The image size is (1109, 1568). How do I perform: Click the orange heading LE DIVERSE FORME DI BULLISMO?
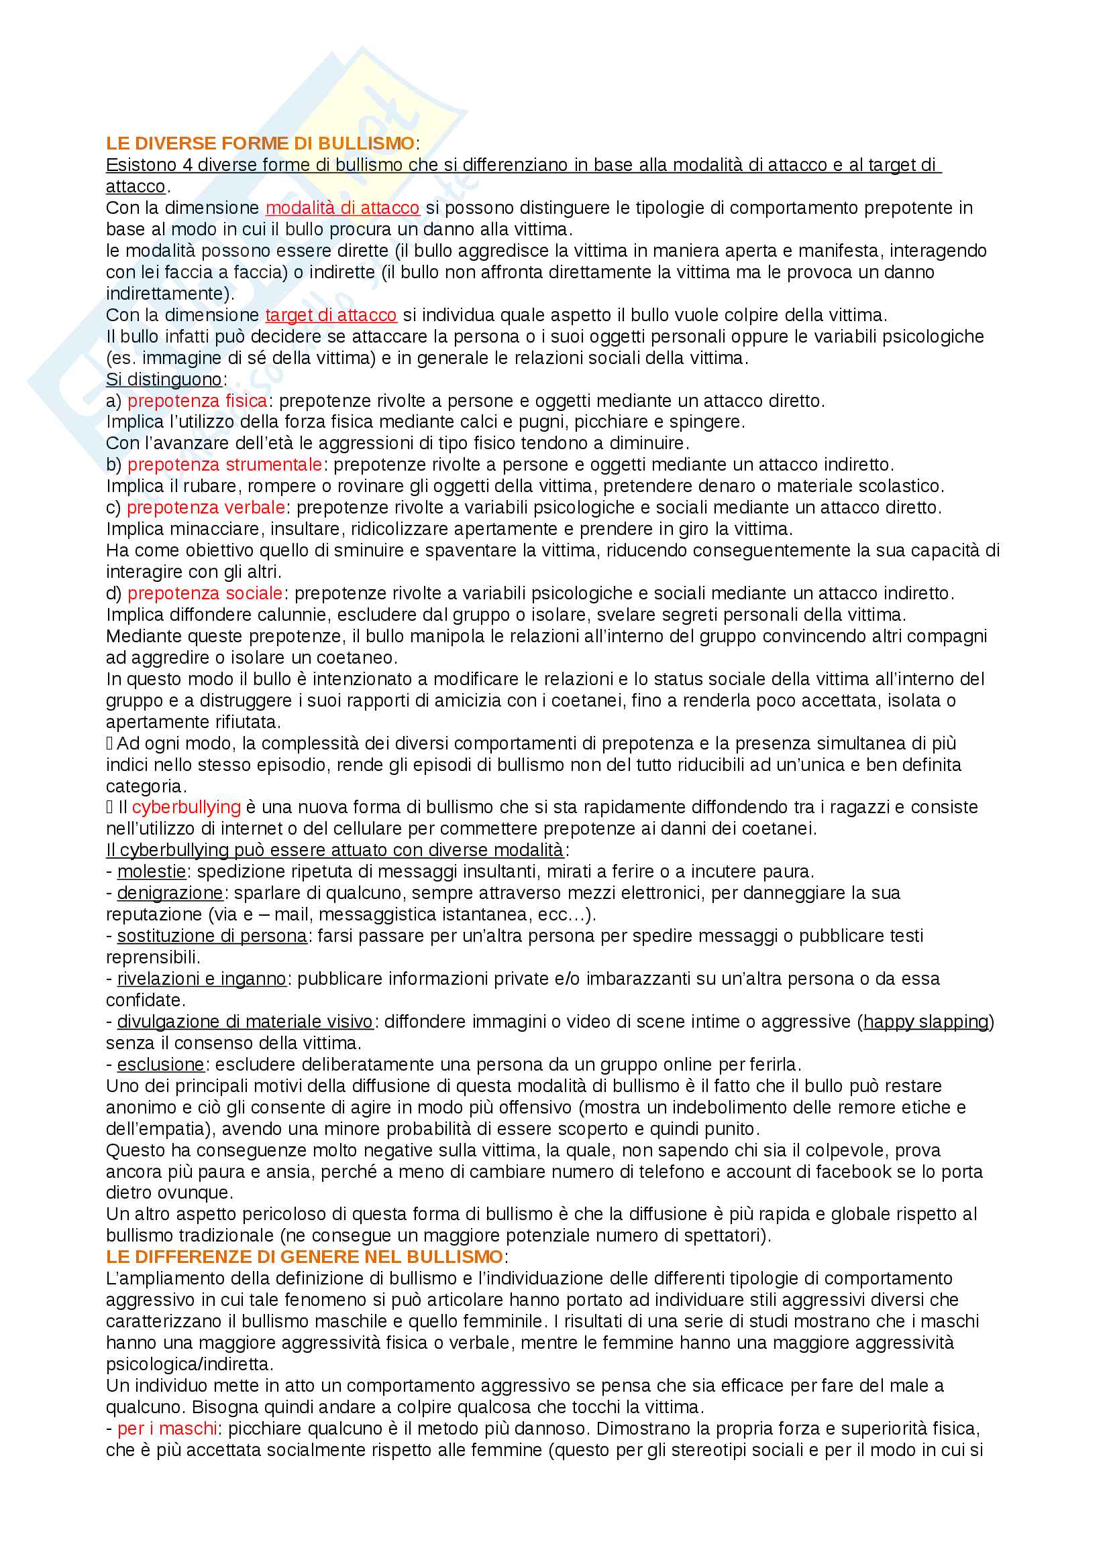[x=260, y=143]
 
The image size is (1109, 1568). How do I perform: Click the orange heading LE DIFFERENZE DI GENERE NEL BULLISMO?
[x=304, y=1256]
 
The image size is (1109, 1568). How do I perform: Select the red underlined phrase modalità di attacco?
[x=342, y=208]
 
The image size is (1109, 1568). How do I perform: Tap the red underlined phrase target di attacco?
[x=331, y=315]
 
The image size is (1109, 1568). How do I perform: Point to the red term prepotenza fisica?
[x=197, y=401]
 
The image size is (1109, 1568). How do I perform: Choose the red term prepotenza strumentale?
[x=224, y=465]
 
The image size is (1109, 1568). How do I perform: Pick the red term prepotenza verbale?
[x=206, y=507]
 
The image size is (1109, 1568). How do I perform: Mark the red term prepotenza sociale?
[x=205, y=593]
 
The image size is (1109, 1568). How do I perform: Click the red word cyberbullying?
[x=186, y=807]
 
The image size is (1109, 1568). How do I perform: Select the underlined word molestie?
[x=151, y=871]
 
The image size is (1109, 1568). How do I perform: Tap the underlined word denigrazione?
[x=170, y=892]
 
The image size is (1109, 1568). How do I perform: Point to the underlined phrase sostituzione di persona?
[x=212, y=936]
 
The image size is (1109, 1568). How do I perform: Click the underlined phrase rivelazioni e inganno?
[x=201, y=979]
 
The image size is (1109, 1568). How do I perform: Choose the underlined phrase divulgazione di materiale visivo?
[x=245, y=1022]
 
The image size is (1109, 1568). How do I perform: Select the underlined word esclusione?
[x=160, y=1065]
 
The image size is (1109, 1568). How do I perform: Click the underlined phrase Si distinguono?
[x=164, y=379]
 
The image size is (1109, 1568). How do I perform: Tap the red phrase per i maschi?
[x=167, y=1428]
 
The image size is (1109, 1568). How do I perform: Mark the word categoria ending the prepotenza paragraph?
[x=144, y=786]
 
